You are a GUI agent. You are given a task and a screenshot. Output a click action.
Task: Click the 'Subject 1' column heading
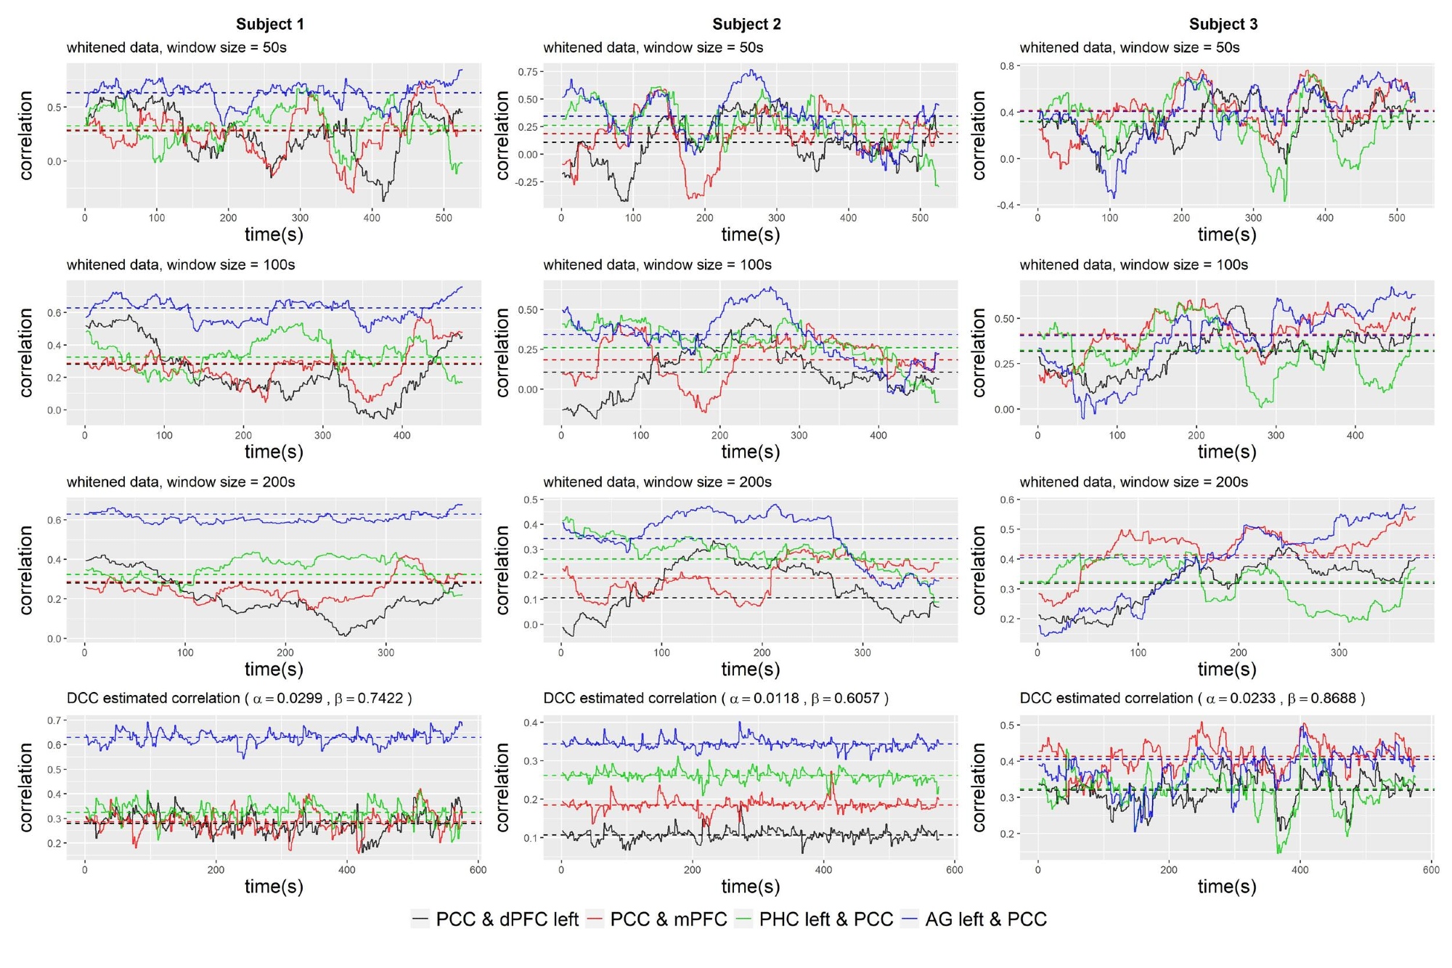270,24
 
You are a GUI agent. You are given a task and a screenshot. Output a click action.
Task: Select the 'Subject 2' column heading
746,24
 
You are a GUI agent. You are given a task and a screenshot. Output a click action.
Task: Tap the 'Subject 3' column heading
1223,24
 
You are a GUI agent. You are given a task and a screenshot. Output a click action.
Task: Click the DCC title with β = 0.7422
240,698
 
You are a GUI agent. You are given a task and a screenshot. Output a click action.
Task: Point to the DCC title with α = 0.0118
716,698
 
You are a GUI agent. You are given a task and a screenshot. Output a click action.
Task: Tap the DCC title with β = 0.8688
1192,698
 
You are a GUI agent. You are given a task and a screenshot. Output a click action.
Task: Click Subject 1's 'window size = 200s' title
181,482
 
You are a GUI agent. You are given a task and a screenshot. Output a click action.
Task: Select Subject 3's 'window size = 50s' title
1130,48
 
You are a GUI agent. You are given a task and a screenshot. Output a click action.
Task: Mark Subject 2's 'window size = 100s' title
657,265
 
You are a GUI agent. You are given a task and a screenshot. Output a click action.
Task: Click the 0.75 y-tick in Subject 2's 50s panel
528,72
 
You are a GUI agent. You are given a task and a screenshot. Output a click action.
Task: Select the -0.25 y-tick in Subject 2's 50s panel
526,182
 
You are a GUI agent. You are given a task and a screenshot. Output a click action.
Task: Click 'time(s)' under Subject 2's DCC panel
751,887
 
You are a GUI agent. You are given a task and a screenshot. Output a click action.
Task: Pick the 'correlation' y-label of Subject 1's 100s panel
27,353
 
